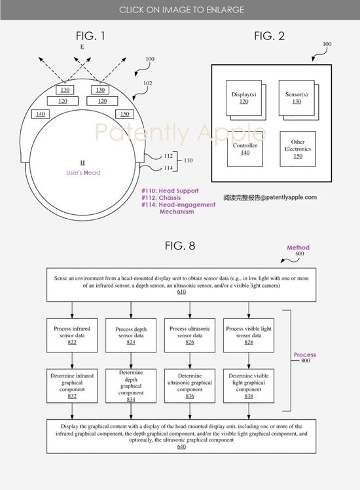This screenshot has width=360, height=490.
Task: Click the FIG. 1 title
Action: pyautogui.click(x=90, y=36)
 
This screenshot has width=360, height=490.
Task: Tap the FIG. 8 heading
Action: pyautogui.click(x=180, y=246)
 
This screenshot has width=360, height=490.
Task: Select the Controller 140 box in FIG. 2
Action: pyautogui.click(x=245, y=149)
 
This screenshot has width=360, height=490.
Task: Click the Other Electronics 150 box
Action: pyautogui.click(x=298, y=149)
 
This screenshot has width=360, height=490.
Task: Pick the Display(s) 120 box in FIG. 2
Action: pyautogui.click(x=244, y=98)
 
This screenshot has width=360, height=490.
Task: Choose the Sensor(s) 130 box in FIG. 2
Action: pyautogui.click(x=297, y=98)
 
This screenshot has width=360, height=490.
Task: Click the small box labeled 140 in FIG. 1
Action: pyautogui.click(x=41, y=114)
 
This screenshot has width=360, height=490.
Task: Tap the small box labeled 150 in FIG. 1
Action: pyautogui.click(x=124, y=114)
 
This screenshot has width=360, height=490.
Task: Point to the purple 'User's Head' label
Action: pyautogui.click(x=83, y=173)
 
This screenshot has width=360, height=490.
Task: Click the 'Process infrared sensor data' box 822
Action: pyautogui.click(x=72, y=335)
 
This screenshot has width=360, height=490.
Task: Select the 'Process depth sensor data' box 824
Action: pyautogui.click(x=131, y=335)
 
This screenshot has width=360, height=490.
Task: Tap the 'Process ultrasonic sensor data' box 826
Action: pyautogui.click(x=190, y=335)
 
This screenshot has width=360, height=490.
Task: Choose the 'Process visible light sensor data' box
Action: pyautogui.click(x=249, y=335)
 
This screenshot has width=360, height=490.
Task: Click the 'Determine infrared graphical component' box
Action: pyautogui.click(x=72, y=386)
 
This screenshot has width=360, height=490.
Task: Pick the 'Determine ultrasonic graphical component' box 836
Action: pyautogui.click(x=190, y=386)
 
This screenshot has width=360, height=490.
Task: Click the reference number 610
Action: pyautogui.click(x=181, y=292)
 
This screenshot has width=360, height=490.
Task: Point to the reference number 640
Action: pyautogui.click(x=181, y=447)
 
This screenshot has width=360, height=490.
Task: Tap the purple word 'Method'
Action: pyautogui.click(x=298, y=248)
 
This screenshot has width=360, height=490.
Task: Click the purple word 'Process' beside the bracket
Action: pyautogui.click(x=305, y=354)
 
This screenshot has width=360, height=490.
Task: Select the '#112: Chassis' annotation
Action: pyautogui.click(x=161, y=198)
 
